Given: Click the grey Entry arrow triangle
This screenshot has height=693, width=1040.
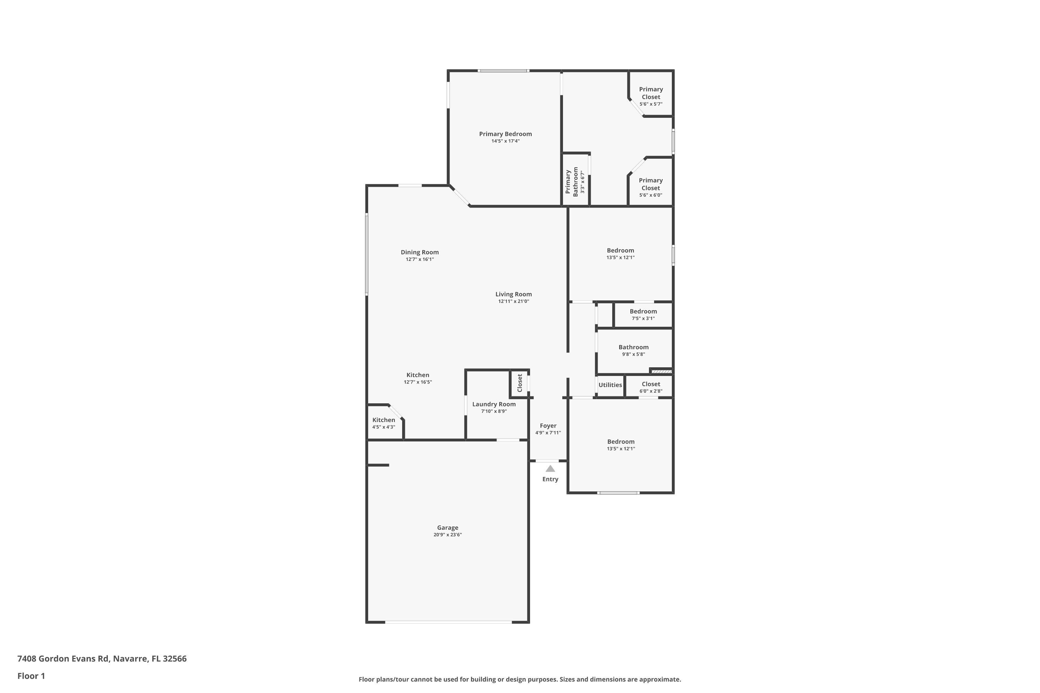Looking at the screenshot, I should click(550, 469).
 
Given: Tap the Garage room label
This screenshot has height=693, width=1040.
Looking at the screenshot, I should click(448, 528).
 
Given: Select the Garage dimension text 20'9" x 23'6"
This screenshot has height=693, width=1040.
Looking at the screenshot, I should click(448, 535).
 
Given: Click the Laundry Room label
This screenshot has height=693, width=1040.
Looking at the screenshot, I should click(493, 404).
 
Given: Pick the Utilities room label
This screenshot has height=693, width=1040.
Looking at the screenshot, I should click(610, 385).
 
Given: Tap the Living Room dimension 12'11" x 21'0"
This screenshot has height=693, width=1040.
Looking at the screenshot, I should click(513, 301).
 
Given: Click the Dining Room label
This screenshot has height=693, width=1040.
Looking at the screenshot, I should click(419, 252).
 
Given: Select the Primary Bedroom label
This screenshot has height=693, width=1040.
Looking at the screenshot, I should click(505, 134).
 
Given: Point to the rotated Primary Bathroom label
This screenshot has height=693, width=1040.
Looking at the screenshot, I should click(572, 182).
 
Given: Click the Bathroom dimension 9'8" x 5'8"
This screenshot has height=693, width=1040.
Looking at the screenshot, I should click(633, 354).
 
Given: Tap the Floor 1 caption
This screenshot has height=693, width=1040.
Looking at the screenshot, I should click(31, 676).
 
